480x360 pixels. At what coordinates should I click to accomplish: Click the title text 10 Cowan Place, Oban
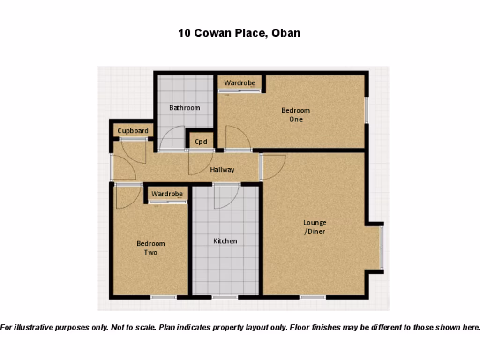(x=239, y=33)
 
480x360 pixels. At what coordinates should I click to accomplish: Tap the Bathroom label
(x=185, y=108)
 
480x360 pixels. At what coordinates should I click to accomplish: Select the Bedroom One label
(x=295, y=115)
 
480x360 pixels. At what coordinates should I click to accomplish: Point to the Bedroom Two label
(x=150, y=248)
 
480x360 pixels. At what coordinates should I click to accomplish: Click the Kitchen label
(x=225, y=241)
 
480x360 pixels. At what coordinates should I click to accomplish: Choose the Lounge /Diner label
(x=315, y=227)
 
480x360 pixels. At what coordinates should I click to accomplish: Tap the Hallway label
(x=222, y=170)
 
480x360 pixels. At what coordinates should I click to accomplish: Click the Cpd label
(x=201, y=142)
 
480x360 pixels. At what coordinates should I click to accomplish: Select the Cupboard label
(x=133, y=131)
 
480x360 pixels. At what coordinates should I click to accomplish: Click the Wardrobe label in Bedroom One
(x=240, y=83)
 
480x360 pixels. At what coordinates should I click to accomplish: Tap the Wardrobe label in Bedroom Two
(x=167, y=193)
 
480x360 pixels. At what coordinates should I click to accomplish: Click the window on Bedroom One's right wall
(x=367, y=110)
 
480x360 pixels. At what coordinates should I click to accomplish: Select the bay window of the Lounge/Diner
(x=382, y=247)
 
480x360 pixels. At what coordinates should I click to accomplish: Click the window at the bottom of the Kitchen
(x=225, y=297)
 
